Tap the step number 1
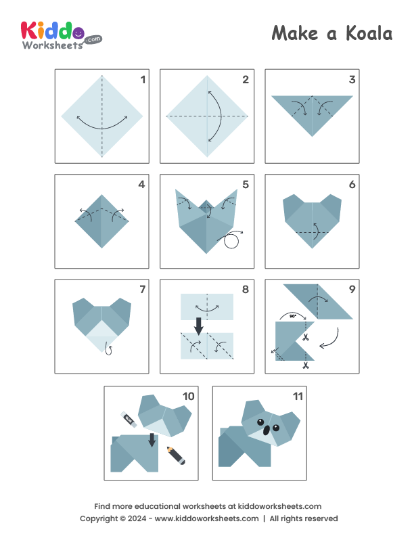point(142,80)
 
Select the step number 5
point(246,184)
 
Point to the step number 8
point(246,290)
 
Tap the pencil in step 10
point(175,455)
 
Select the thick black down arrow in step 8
point(199,326)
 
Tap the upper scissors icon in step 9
point(306,336)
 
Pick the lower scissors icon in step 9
point(306,366)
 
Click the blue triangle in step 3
point(312,112)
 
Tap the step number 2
point(246,80)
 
